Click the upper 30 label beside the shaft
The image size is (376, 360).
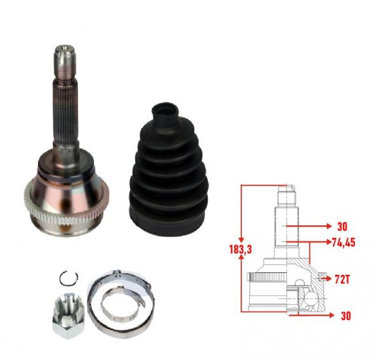tap(342, 226)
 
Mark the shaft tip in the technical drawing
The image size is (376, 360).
tap(288, 190)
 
